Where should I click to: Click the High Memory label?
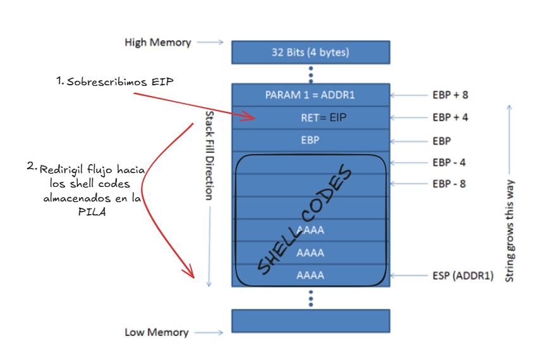pos(157,42)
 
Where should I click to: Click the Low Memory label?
pos(156,332)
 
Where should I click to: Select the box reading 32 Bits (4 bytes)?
pos(310,52)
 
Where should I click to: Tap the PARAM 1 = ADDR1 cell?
pos(310,95)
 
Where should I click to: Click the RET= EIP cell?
pos(324,117)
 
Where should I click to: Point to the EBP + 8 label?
pos(450,95)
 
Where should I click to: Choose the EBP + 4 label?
pos(450,117)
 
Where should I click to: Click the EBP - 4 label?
pos(449,162)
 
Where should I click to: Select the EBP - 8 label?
pos(449,184)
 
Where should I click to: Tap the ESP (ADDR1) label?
pos(463,276)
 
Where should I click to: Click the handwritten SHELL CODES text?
pos(303,221)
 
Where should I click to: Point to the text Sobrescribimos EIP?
pos(119,82)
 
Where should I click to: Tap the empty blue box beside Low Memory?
pos(310,321)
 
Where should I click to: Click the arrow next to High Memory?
pos(210,42)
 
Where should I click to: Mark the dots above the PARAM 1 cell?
pos(310,74)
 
